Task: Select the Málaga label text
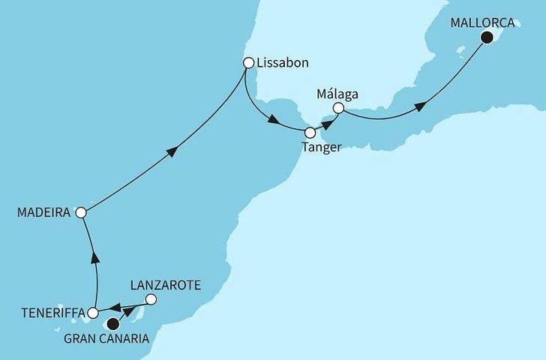tap(337, 94)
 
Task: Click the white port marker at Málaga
tap(338, 109)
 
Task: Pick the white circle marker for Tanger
tap(310, 133)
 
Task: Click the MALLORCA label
tap(483, 22)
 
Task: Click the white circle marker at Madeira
tap(81, 213)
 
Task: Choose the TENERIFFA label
tap(48, 313)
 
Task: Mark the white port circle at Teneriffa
tap(93, 313)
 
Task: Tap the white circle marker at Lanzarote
tap(151, 300)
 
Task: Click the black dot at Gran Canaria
tap(113, 324)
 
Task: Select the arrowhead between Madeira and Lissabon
tap(172, 151)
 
